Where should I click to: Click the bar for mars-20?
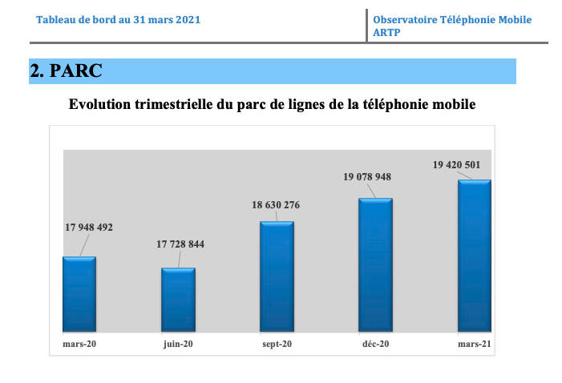(x=79, y=294)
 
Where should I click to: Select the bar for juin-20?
(x=178, y=300)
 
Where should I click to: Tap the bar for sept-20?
(x=277, y=276)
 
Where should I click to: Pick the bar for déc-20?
(x=375, y=264)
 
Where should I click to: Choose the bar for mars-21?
(x=474, y=256)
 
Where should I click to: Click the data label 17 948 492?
(x=89, y=228)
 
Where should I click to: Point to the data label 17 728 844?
(x=180, y=244)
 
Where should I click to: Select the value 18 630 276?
(x=276, y=206)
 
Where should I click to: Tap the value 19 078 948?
(x=367, y=177)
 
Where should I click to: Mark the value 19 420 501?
(x=457, y=165)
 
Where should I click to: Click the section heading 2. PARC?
(x=66, y=71)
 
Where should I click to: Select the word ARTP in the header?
(x=386, y=33)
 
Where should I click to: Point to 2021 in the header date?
(x=186, y=19)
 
